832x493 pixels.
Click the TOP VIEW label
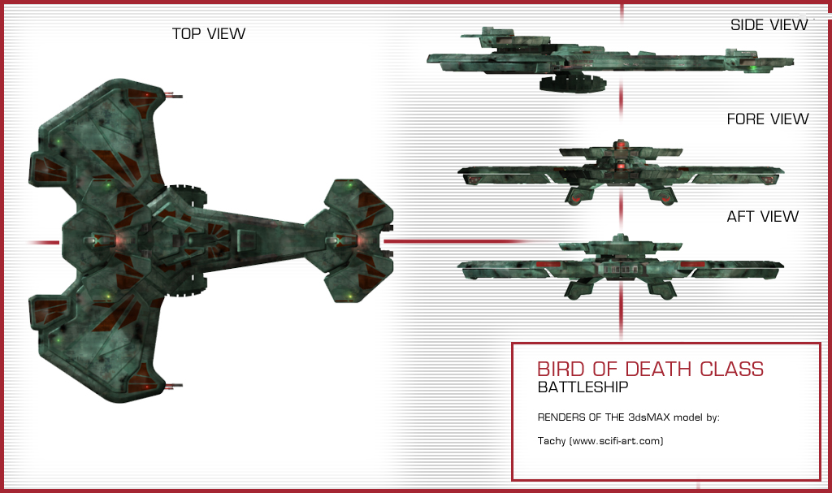pos(208,33)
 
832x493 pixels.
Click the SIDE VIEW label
pos(769,25)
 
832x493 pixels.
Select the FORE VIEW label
pos(768,119)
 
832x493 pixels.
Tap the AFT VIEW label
pos(762,217)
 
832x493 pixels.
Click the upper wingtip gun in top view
pos(173,95)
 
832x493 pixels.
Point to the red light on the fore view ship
pos(621,146)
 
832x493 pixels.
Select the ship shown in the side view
pos(609,58)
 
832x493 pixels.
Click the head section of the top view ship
pos(357,240)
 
